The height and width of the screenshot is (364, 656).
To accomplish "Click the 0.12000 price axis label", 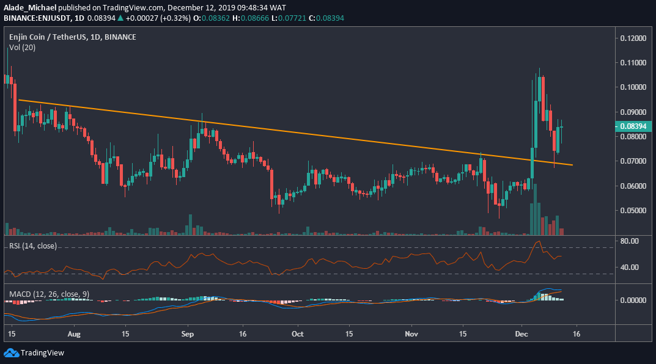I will [632, 38].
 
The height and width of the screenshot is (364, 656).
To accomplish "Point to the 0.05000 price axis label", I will [632, 210].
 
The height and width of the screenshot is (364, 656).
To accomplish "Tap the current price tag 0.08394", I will [632, 126].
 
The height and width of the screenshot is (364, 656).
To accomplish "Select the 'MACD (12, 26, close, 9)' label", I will [49, 294].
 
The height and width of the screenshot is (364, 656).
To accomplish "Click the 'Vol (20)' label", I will [22, 47].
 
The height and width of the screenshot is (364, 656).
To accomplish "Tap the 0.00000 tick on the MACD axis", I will [632, 300].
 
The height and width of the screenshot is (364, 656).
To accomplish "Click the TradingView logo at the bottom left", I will [34, 352].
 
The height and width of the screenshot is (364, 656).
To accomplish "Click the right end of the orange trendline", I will [572, 165].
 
